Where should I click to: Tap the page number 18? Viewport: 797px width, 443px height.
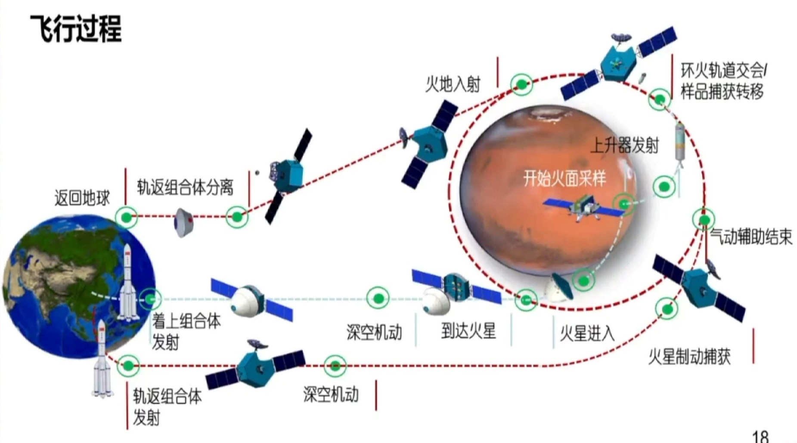(760, 436)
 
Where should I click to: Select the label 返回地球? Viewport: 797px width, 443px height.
(82, 198)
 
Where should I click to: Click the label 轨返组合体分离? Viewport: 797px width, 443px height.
(185, 187)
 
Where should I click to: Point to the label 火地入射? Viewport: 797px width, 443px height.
(453, 84)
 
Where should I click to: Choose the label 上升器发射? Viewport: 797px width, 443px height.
(624, 145)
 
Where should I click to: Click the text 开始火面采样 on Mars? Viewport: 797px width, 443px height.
(564, 178)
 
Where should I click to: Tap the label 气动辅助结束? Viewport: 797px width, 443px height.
(751, 237)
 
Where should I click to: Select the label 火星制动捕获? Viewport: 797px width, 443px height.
(689, 357)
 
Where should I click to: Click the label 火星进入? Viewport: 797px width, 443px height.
(587, 333)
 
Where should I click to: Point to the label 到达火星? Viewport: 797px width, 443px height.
(468, 331)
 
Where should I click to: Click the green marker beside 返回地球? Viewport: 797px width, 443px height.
(126, 217)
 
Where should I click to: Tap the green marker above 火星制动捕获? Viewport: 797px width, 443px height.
(667, 308)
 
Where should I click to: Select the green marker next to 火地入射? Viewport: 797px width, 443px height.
(521, 84)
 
